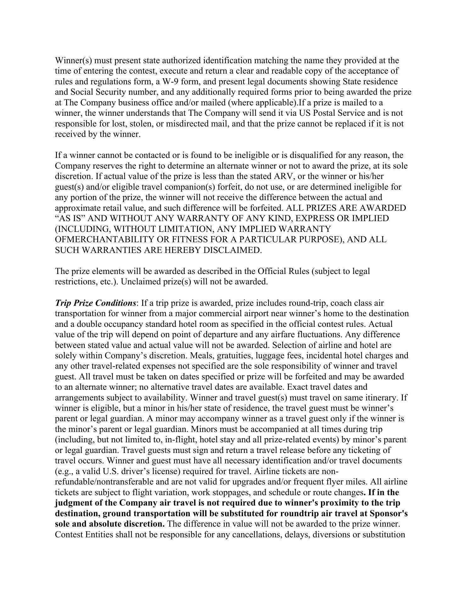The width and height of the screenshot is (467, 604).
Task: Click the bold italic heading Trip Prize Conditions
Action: pyautogui.click(x=95, y=303)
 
